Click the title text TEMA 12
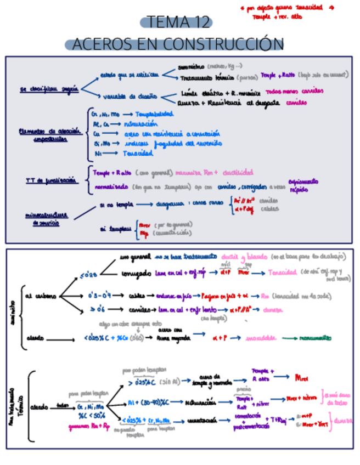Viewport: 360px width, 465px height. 176,22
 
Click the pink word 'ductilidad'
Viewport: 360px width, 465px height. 238,172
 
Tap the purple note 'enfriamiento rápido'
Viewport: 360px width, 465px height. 303,185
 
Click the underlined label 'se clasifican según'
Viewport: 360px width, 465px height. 50,88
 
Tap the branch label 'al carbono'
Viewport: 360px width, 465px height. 41,296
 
